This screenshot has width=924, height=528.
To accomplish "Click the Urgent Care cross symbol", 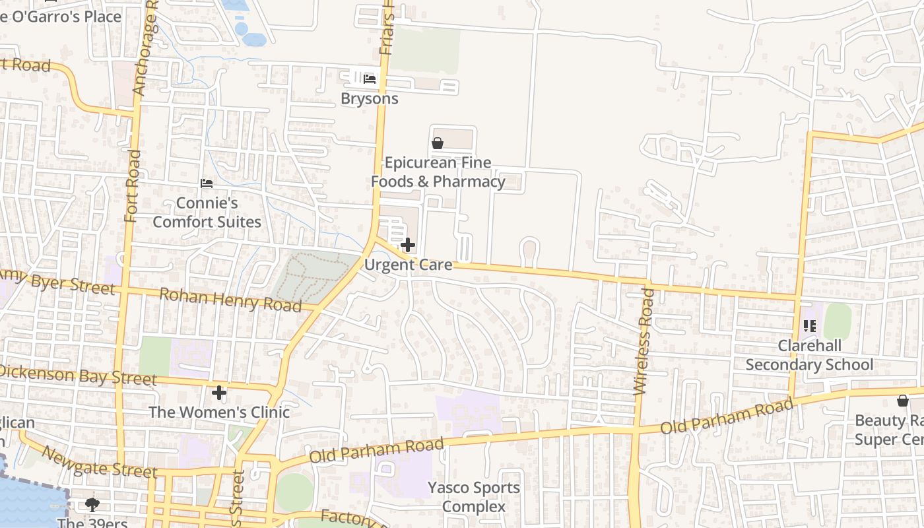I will pyautogui.click(x=408, y=246).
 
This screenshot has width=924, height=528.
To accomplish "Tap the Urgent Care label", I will pyautogui.click(x=409, y=265).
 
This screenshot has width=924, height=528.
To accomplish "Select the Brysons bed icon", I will pyautogui.click(x=370, y=79).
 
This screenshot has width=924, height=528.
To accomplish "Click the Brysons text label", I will pyautogui.click(x=370, y=98).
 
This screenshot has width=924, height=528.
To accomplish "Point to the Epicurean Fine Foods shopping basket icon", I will pyautogui.click(x=437, y=143).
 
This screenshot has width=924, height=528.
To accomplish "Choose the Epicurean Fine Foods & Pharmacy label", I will pyautogui.click(x=438, y=172).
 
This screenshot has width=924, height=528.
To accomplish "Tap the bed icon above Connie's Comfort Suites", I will pyautogui.click(x=207, y=183).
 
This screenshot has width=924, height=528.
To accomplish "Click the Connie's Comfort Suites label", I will pyautogui.click(x=207, y=212).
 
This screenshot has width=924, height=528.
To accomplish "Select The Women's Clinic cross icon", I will pyautogui.click(x=219, y=393).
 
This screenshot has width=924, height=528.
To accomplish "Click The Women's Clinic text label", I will pyautogui.click(x=219, y=412).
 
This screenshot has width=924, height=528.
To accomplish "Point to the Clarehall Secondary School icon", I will pyautogui.click(x=810, y=325).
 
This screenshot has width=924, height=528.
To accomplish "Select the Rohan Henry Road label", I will pyautogui.click(x=231, y=299).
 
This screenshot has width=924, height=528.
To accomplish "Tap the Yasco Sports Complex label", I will pyautogui.click(x=474, y=497).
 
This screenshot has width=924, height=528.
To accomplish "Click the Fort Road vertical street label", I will pyautogui.click(x=133, y=186).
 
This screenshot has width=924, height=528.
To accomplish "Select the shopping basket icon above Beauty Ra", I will pyautogui.click(x=902, y=401).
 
